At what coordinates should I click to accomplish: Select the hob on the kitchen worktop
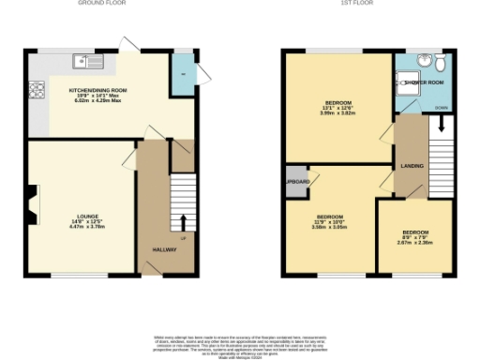(38, 91)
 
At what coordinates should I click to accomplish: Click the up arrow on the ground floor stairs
(182, 222)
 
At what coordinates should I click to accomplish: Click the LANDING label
(412, 166)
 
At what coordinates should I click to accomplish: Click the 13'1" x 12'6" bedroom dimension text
(339, 109)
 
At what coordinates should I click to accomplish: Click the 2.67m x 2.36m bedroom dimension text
(415, 242)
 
